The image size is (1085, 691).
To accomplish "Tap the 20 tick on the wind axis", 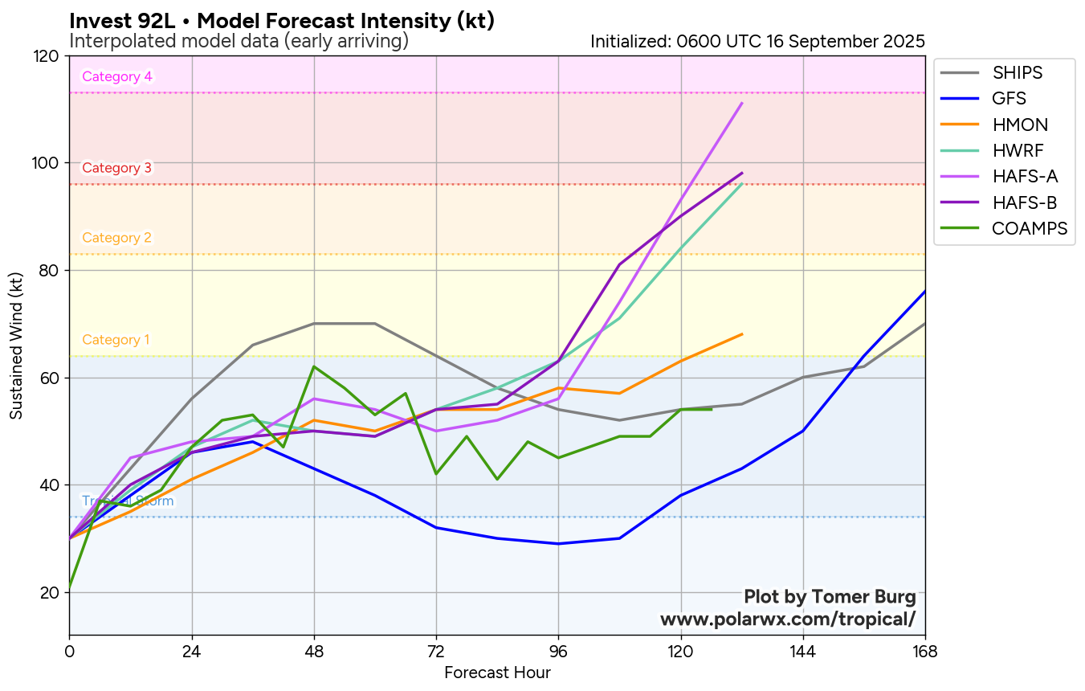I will click(x=51, y=593).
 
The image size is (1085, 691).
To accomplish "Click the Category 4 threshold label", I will click(x=117, y=77).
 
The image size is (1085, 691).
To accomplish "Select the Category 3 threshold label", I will click(x=117, y=169).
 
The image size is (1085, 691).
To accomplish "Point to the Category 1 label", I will click(x=116, y=340).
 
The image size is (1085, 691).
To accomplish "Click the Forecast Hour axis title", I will click(x=497, y=673).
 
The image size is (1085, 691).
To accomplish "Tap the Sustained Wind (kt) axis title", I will click(x=17, y=345).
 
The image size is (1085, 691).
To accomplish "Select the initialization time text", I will click(x=757, y=41).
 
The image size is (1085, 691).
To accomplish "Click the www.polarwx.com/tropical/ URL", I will click(x=787, y=619).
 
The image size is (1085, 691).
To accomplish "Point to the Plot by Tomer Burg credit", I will click(x=830, y=597).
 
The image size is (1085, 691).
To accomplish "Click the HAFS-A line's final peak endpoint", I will click(x=742, y=103).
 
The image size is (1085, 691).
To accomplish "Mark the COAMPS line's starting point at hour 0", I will click(x=70, y=587).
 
